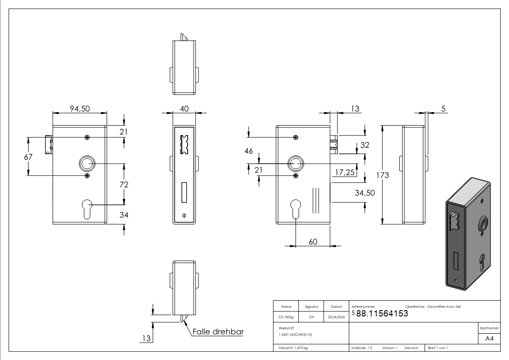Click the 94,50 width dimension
coord(80,109)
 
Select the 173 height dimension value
coord(383,175)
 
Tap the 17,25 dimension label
coord(345,172)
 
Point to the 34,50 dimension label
coord(365,193)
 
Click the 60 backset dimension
coord(313,242)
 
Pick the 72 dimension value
coord(124,185)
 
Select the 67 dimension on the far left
coord(28,157)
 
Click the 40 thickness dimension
coord(184,109)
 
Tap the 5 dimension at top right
coord(443,109)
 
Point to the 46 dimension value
coord(249,151)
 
